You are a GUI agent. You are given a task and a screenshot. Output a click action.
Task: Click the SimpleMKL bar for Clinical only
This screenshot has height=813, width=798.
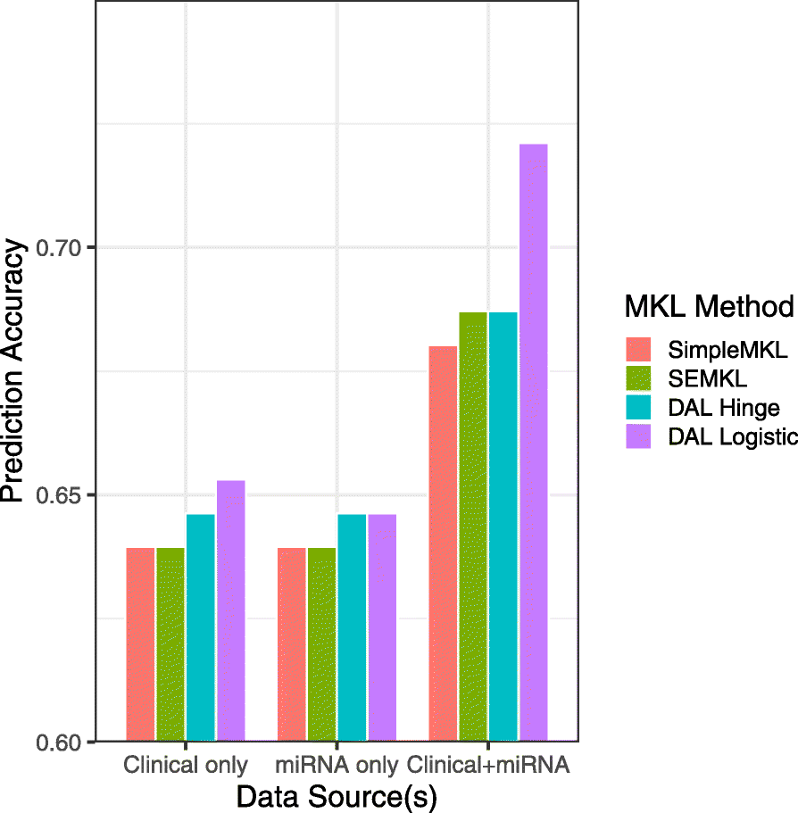click(140, 644)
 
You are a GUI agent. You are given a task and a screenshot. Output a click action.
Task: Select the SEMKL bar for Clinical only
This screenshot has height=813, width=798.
click(170, 644)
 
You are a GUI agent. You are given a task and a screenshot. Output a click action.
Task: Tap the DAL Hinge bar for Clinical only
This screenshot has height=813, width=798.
click(201, 627)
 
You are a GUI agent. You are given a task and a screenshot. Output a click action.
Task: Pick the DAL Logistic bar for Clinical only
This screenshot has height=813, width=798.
click(231, 610)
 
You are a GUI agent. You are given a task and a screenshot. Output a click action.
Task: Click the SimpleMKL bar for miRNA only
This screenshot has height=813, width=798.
click(292, 644)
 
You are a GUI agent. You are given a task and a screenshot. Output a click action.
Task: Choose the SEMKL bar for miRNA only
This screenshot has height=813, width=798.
click(322, 644)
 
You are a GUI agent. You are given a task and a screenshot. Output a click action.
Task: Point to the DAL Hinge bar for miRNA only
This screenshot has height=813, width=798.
click(352, 627)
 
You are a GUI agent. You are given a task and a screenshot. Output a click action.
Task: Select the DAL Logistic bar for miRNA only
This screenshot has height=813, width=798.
click(382, 627)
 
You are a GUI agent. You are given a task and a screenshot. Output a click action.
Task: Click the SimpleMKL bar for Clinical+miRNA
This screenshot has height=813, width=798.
click(443, 543)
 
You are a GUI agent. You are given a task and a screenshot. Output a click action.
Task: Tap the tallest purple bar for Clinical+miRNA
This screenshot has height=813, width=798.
click(534, 442)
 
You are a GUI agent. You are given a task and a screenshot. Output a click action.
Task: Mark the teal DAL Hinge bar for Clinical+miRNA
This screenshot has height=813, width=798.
click(503, 527)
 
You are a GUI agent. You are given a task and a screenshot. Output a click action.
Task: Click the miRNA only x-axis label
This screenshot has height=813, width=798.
click(337, 765)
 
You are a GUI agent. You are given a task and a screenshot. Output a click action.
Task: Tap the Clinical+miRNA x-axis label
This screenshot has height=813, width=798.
click(488, 765)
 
